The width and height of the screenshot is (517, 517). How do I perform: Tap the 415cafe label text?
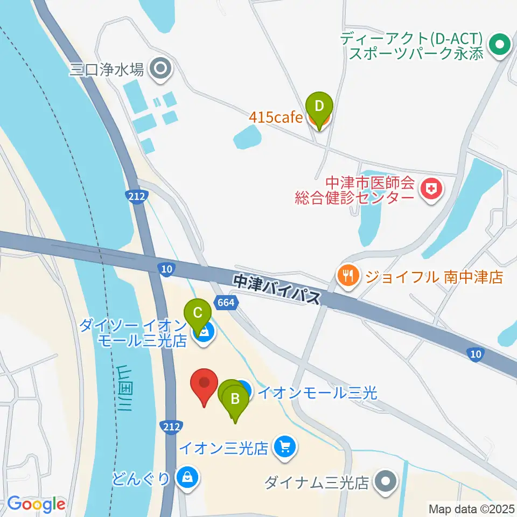point(276,117)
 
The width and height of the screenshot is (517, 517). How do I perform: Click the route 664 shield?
point(226,303)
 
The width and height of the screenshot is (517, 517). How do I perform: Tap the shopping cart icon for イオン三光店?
point(285,447)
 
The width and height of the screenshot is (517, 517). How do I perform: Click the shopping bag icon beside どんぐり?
point(187,477)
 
